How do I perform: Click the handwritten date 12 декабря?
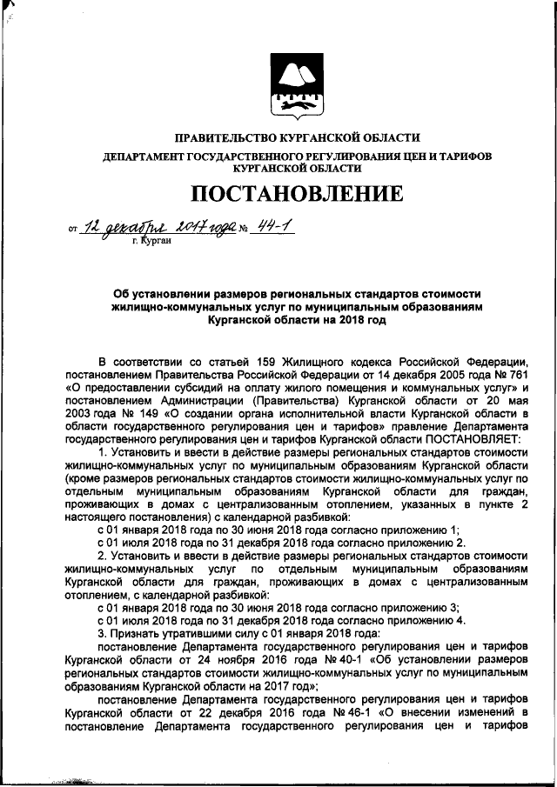pos(120,228)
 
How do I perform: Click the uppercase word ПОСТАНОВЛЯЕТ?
pos(474,439)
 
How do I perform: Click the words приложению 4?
pos(409,621)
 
